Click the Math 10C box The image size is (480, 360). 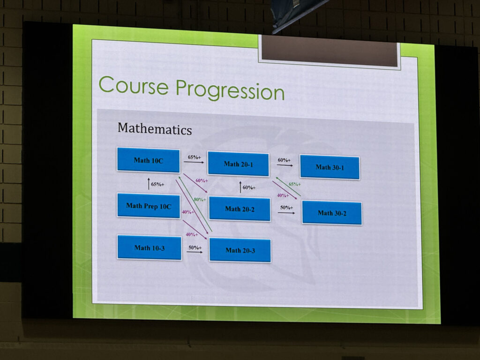coord(148,160)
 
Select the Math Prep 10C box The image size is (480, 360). coord(149,205)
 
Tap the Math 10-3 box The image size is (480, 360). coord(150,247)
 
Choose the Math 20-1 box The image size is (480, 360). coord(238,164)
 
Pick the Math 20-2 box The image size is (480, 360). coord(240,209)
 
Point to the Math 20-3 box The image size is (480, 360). coord(240,250)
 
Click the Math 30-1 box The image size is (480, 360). coord(330,167)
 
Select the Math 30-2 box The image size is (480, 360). coord(332,213)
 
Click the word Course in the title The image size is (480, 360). coord(134,85)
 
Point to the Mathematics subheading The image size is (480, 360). coord(155,128)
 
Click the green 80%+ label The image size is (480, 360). coord(200,200)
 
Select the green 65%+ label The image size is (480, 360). coord(294,184)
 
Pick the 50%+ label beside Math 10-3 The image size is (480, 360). coord(195,247)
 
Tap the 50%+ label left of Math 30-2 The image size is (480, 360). coord(286,207)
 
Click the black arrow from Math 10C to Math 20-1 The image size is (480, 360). coord(194,162)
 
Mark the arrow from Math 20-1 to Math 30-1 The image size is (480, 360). coord(285,165)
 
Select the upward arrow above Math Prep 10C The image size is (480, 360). coord(149,183)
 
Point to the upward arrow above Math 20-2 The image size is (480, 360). coord(240,187)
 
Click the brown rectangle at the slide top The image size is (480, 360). coord(330,51)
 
